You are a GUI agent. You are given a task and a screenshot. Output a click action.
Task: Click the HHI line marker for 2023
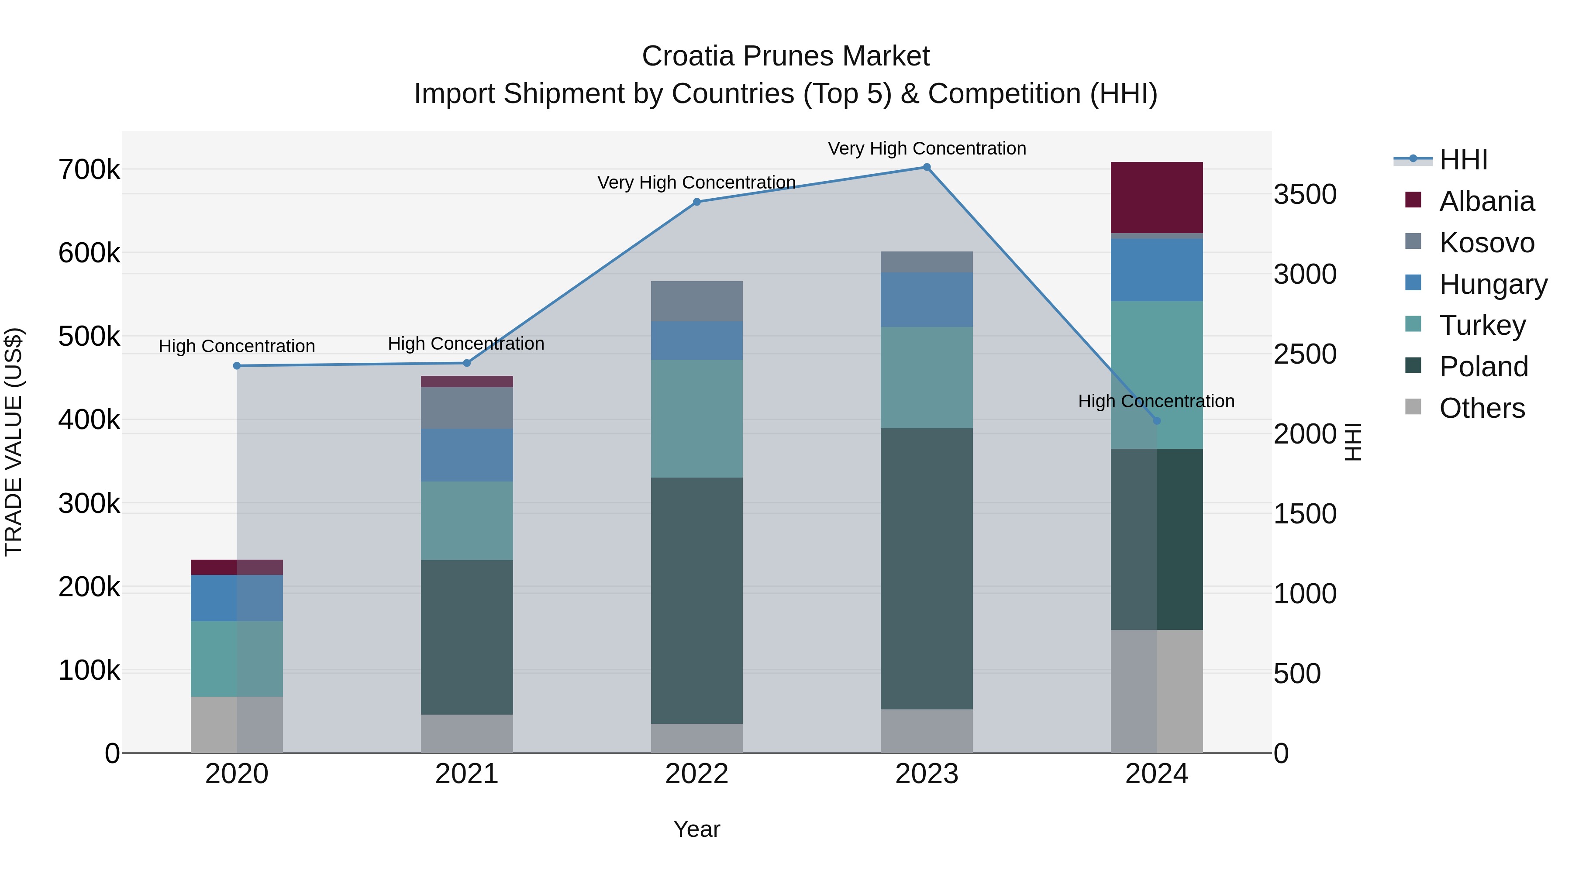click(926, 167)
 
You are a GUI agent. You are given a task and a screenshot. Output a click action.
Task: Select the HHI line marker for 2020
click(237, 366)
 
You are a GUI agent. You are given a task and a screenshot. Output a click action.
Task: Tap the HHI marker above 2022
click(697, 202)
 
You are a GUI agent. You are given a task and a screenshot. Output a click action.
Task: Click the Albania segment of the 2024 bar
click(1156, 197)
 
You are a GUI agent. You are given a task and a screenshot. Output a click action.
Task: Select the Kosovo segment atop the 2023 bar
click(926, 262)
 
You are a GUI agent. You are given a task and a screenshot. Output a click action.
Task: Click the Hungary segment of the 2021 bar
click(467, 455)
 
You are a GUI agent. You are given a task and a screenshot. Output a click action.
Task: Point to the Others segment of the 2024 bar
click(1156, 691)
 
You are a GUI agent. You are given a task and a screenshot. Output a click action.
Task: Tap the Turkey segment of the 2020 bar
click(237, 659)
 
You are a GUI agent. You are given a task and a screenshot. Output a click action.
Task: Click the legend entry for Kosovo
click(1486, 243)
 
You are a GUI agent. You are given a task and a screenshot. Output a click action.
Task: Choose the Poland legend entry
click(1483, 367)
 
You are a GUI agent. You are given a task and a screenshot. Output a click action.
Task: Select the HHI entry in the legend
click(1463, 160)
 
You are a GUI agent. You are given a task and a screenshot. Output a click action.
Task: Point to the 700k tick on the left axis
click(89, 170)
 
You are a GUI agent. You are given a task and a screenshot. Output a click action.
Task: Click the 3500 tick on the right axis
click(1305, 195)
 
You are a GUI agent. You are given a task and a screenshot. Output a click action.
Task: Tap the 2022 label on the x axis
click(697, 774)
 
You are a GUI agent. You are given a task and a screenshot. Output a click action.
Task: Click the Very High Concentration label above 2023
click(926, 148)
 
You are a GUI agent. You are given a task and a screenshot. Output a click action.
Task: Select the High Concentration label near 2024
click(1156, 401)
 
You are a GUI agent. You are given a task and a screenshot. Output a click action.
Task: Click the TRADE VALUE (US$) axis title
click(14, 442)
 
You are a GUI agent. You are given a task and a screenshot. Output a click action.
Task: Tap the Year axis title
click(696, 829)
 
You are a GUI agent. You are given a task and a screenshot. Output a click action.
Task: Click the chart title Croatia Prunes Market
click(786, 56)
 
